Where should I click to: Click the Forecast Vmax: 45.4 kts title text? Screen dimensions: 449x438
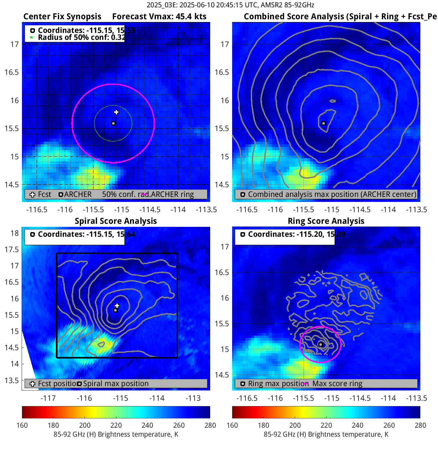[159, 17]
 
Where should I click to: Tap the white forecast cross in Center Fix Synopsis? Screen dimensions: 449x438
[116, 112]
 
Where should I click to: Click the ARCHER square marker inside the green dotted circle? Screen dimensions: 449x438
[113, 123]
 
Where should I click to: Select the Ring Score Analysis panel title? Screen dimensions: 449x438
[326, 221]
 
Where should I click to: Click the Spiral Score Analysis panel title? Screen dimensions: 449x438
[116, 221]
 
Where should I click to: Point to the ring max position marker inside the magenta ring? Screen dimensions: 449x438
[320, 345]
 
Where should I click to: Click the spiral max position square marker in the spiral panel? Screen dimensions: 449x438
[115, 310]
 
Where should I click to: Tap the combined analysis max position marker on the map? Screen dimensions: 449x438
[323, 123]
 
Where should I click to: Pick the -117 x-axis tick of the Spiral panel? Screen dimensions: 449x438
[48, 398]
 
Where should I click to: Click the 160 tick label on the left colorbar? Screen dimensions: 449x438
[22, 425]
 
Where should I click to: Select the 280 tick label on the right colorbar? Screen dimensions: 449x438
[420, 425]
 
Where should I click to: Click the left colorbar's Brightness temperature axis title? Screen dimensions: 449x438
[116, 434]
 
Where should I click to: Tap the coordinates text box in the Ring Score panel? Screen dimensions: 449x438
[284, 234]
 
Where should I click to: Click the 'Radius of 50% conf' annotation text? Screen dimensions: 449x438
[81, 37]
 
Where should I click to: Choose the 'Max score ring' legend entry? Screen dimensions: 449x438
[337, 383]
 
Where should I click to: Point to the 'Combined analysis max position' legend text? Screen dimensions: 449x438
[332, 195]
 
